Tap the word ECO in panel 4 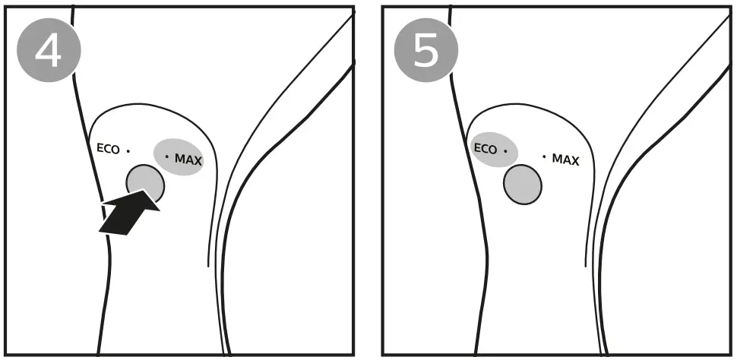click(x=108, y=149)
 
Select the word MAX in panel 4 click(x=188, y=159)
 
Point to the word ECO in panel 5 click(x=485, y=149)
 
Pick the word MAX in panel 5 click(x=565, y=159)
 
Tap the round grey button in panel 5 click(x=522, y=184)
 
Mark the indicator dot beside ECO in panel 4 click(x=128, y=150)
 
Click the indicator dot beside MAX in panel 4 click(x=167, y=156)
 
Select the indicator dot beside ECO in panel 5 click(x=505, y=150)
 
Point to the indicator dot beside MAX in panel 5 click(x=544, y=156)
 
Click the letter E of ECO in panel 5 click(x=477, y=149)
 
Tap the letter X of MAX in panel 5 click(x=575, y=161)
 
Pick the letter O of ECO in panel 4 click(x=115, y=150)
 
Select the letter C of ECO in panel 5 click(x=484, y=149)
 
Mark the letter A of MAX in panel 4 click(x=189, y=159)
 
